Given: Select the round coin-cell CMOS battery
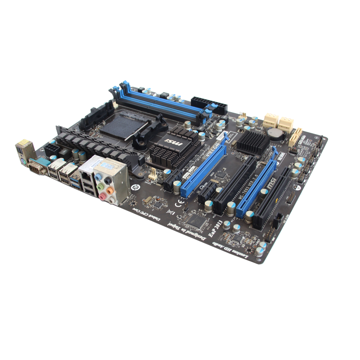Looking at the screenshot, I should click(x=274, y=132).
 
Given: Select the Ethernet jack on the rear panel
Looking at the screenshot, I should click(x=85, y=171).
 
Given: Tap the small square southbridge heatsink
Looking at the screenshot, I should click(x=252, y=141).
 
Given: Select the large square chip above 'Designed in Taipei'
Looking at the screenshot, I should click(x=197, y=219).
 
